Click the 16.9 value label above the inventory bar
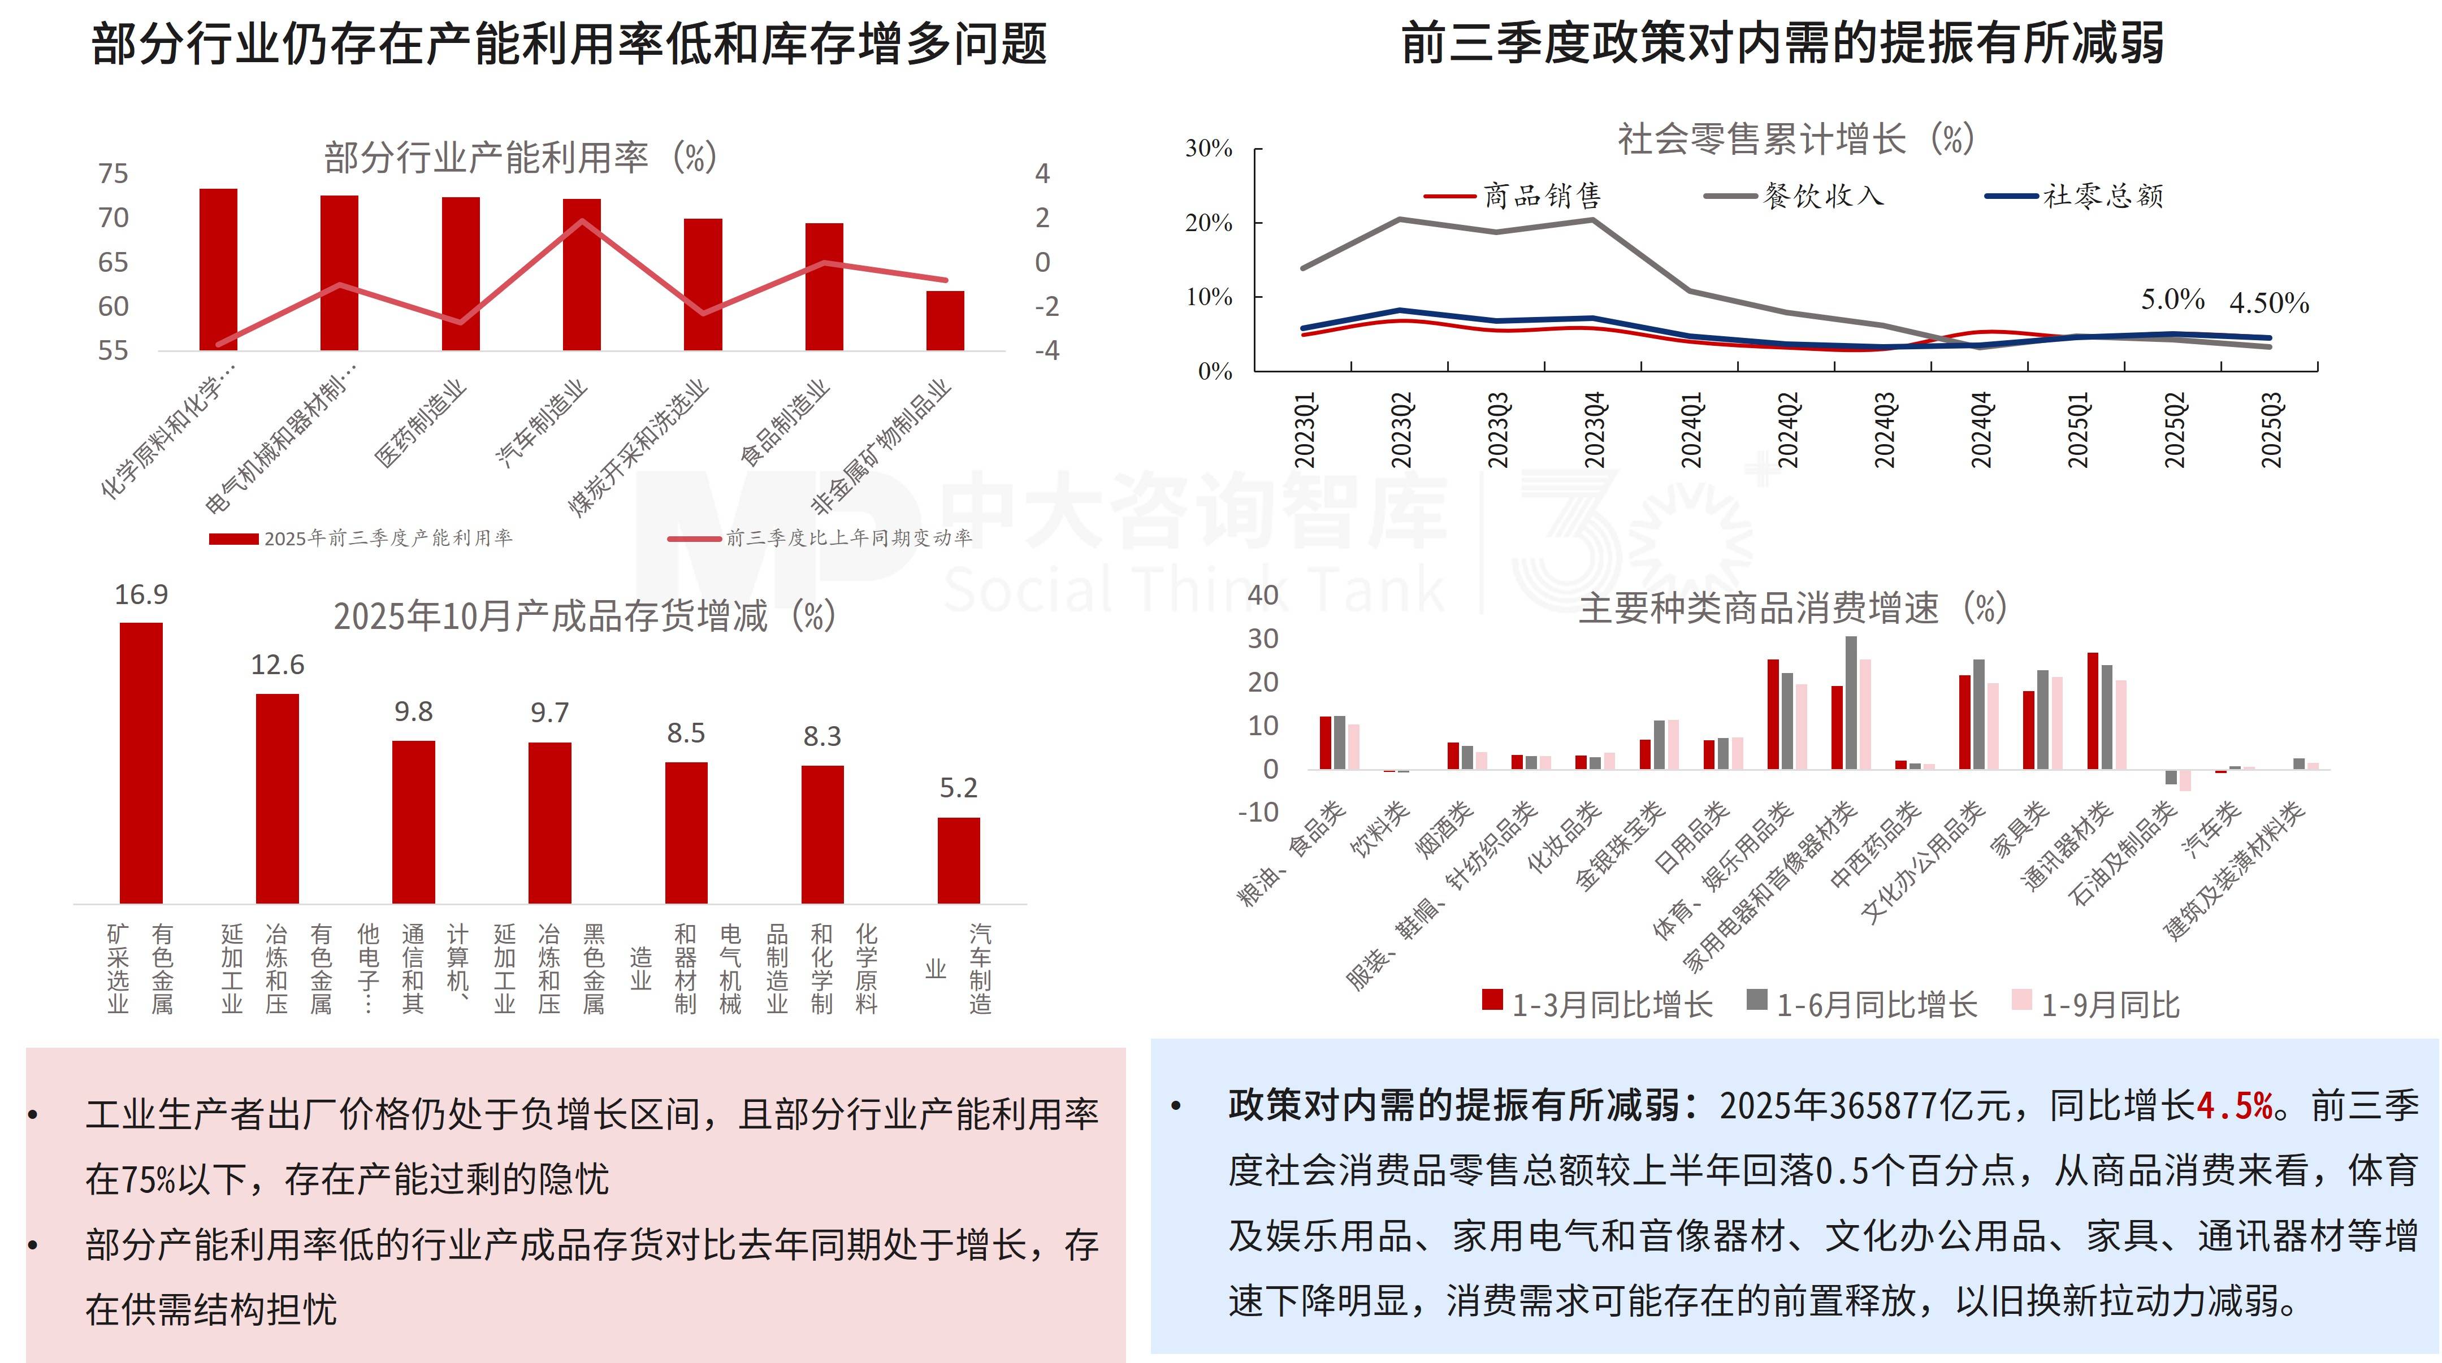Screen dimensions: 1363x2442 (141, 595)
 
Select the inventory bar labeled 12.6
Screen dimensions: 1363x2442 (277, 798)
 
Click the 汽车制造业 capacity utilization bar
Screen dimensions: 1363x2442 (581, 275)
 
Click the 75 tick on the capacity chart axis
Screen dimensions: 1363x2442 (113, 173)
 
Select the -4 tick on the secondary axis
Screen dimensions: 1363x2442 (1046, 351)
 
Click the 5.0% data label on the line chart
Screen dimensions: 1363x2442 (2172, 299)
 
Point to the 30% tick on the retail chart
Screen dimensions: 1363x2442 (1209, 149)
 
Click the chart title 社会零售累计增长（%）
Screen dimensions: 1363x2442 (1795, 140)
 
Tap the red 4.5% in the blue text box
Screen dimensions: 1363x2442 (2235, 1106)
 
